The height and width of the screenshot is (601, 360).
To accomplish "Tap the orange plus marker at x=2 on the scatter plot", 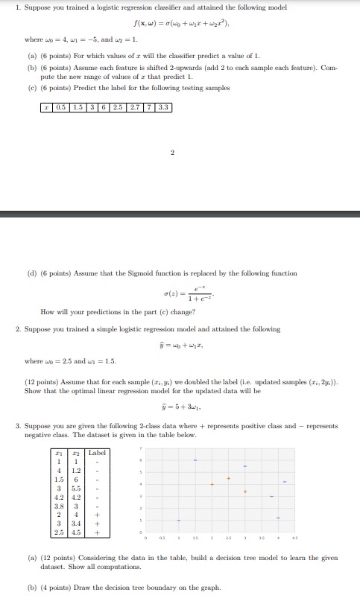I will click(x=212, y=485).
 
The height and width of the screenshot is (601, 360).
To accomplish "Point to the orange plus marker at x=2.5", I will click(x=229, y=477).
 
